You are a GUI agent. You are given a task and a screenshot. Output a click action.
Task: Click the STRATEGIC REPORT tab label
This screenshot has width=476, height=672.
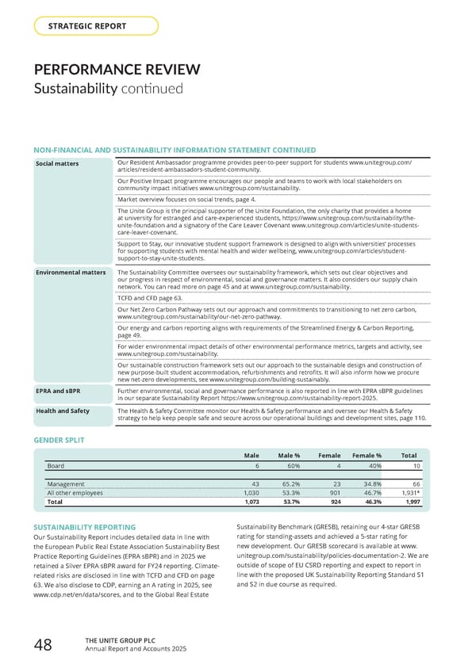click(x=87, y=26)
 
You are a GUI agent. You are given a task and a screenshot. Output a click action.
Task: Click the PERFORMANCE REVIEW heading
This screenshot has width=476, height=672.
click(x=116, y=70)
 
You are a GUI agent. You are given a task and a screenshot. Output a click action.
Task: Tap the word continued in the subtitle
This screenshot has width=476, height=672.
click(x=155, y=88)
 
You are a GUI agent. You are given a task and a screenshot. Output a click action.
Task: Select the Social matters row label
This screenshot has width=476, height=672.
click(x=57, y=163)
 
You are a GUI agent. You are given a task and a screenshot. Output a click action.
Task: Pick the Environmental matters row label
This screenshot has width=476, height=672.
click(x=71, y=273)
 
